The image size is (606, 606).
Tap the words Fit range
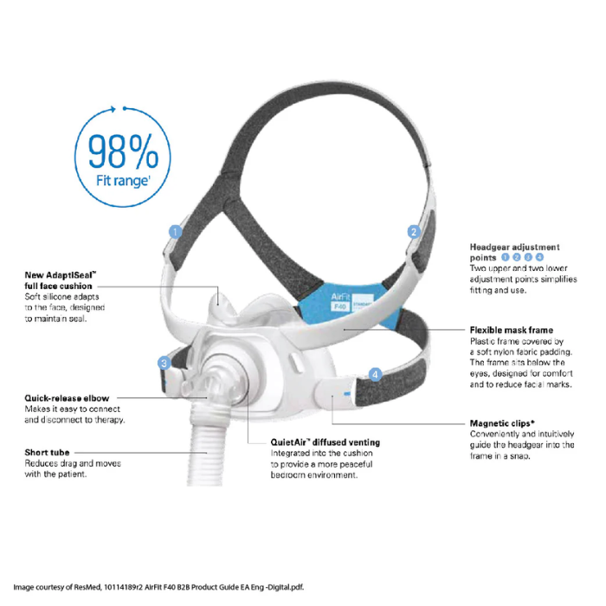[x=122, y=182]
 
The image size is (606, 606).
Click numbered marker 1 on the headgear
[x=175, y=231]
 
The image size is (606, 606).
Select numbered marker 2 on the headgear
[x=414, y=231]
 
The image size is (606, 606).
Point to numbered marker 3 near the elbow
[x=163, y=363]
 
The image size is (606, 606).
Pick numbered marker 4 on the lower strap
[x=375, y=374]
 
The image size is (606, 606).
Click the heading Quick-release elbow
[x=67, y=398]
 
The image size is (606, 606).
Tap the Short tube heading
[x=48, y=452]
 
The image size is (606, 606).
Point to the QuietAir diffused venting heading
[x=325, y=442]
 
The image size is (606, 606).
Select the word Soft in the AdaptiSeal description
[x=35, y=297]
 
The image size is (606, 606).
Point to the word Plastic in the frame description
[x=484, y=342]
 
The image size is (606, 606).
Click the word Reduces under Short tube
[x=42, y=463]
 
